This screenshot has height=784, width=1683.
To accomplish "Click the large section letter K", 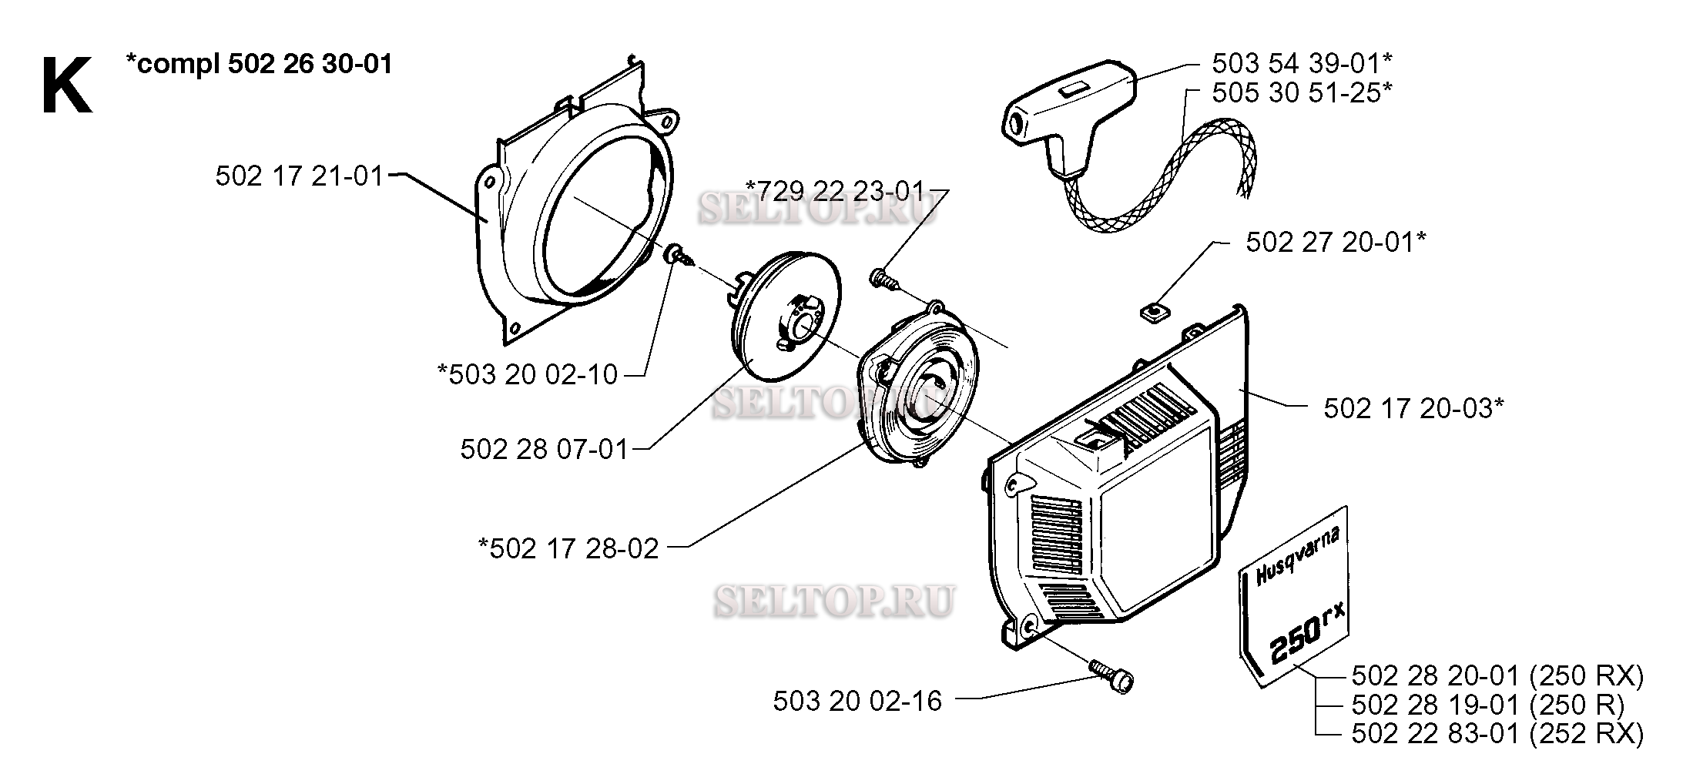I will coord(66,86).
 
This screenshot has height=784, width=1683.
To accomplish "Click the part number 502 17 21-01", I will coord(299,176).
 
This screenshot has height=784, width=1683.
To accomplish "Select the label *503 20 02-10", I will coord(528,375).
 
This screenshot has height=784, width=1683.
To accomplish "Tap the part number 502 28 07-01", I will coord(545,449).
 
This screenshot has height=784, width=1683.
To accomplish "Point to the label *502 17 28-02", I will coord(568,548).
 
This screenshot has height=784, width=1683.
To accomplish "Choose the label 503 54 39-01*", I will coord(1302,62).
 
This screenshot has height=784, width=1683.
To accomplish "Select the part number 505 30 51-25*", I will coord(1302,92).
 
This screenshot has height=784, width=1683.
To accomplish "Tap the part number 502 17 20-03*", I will coord(1413,408).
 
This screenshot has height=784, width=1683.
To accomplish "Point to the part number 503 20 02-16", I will coord(857,701).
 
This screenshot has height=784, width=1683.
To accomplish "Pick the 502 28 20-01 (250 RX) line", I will coord(1497,676).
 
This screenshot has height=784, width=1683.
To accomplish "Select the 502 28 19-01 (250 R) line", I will coord(1487,705).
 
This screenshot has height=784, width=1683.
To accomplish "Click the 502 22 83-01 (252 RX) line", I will coord(1497,734).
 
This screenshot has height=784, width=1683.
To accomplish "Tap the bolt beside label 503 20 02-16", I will coord(1115,677).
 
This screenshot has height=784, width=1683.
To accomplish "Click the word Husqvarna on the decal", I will coord(1301,556).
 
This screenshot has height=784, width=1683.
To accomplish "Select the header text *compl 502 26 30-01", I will coord(259,63).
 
